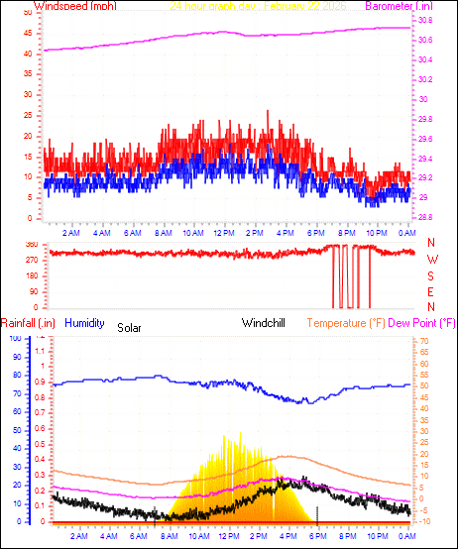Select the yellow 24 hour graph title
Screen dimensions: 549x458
pyautogui.click(x=263, y=6)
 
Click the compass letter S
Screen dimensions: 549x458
pyautogui.click(x=431, y=275)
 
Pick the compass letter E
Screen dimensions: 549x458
pyautogui.click(x=431, y=291)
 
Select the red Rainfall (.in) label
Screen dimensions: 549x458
pyautogui.click(x=27, y=323)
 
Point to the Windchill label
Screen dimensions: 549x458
pyautogui.click(x=265, y=323)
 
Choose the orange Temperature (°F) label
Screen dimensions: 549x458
pyautogui.click(x=346, y=323)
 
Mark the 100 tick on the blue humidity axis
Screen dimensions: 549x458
pyautogui.click(x=15, y=339)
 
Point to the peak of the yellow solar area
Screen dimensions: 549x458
pyautogui.click(x=238, y=430)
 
